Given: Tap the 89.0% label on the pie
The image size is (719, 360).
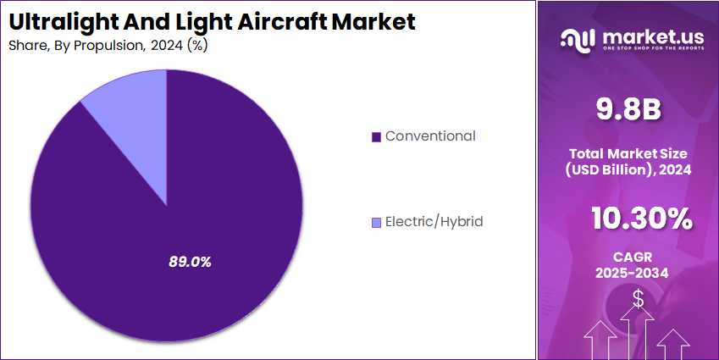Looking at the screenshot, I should point(190,262).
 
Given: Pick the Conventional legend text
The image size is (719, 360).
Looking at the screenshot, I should point(430,136).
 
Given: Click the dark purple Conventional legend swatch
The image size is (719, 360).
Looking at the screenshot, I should point(376,136).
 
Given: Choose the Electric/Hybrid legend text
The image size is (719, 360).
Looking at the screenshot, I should point(434,222).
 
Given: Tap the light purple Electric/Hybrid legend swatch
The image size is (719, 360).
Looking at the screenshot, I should point(376,223).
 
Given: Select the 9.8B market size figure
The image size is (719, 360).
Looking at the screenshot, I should point(628,109).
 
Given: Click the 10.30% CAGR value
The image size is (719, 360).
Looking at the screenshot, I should point(641,219).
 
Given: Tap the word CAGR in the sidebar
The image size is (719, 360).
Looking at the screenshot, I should point(628,256).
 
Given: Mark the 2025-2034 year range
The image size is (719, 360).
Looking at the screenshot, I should point(628,273).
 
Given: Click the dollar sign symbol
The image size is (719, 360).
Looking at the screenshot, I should point(638,299).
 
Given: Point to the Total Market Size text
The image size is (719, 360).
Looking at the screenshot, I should point(628,153).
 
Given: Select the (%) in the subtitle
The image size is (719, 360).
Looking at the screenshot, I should point(197,45).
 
